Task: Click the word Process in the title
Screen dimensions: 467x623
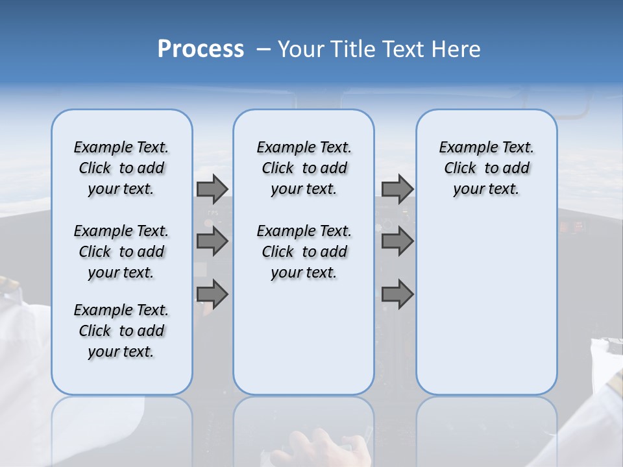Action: point(201,49)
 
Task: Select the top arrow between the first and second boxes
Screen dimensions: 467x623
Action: point(212,189)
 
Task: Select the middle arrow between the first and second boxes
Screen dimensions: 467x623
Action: point(212,241)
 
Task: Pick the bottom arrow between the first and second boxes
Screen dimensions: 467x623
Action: point(212,294)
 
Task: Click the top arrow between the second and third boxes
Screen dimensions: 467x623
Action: point(397,189)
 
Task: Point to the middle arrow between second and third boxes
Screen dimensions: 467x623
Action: point(397,241)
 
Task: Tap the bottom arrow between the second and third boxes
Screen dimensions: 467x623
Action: point(397,294)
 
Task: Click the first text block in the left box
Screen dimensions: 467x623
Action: point(121,168)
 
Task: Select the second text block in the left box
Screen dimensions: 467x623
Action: point(121,252)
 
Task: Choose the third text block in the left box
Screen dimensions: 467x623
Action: point(121,331)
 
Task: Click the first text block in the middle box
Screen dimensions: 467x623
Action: point(304,168)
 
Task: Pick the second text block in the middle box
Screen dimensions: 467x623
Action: point(304,252)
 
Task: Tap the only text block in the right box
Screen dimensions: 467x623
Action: point(486,168)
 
